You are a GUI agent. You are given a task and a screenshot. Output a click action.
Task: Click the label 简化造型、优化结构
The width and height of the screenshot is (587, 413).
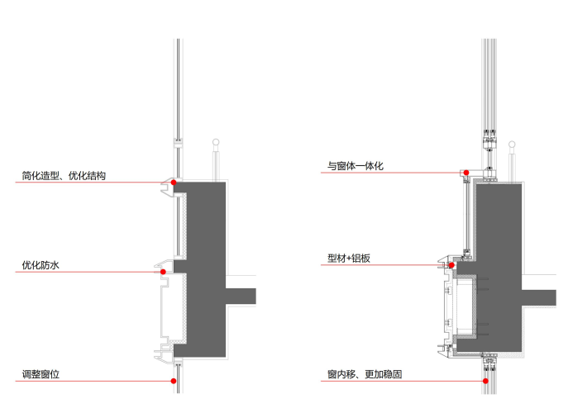click(64, 175)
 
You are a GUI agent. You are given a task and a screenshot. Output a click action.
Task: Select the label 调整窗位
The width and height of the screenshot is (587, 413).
click(41, 374)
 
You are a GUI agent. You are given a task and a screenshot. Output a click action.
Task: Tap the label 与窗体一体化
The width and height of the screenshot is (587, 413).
click(356, 166)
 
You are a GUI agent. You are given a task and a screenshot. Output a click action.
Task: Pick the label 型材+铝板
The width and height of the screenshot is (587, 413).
click(349, 259)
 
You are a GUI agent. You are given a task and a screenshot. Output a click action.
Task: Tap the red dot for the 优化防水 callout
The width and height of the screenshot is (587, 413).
click(163, 271)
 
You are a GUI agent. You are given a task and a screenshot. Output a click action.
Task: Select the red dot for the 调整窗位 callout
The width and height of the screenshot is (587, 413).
click(173, 381)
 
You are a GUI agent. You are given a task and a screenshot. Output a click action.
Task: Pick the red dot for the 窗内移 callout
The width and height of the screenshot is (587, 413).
click(485, 381)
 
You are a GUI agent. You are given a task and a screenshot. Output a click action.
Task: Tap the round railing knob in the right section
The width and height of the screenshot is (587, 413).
click(513, 146)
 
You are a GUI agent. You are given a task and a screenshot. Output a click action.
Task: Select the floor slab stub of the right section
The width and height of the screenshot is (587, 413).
click(540, 296)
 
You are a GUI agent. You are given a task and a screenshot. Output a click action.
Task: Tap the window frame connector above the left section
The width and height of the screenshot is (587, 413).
click(176, 142)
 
